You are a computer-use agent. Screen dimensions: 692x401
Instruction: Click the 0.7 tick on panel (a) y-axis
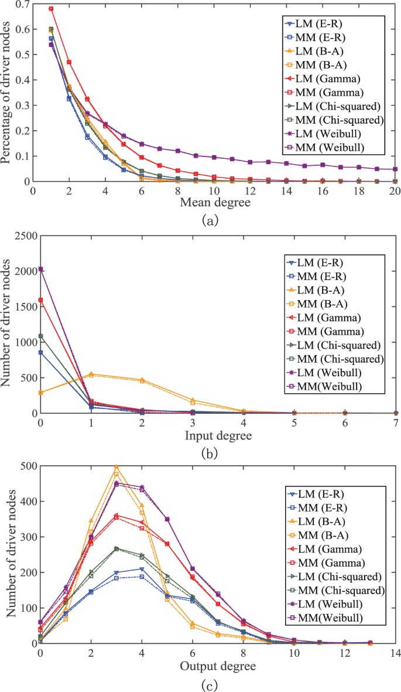[23, 5]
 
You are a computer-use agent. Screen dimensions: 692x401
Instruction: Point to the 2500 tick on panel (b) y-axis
[21, 236]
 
